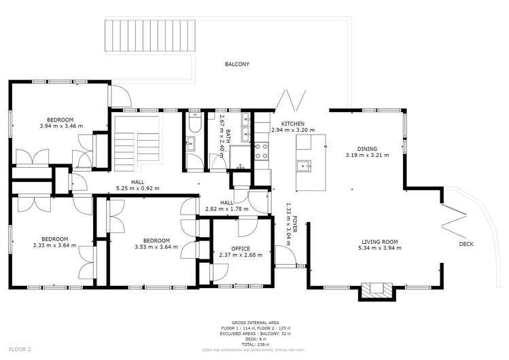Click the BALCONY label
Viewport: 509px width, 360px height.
[237, 65]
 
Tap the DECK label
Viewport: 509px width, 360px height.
[466, 244]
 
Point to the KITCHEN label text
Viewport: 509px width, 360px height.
[283, 124]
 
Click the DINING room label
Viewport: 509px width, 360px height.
[368, 149]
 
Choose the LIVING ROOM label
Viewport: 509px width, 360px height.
[379, 242]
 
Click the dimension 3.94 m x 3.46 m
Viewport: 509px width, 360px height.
[60, 126]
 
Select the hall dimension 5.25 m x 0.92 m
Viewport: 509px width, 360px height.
[137, 188]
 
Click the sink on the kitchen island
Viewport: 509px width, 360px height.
[303, 165]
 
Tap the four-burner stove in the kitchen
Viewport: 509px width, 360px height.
[261, 151]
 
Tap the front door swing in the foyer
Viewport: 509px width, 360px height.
[285, 256]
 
